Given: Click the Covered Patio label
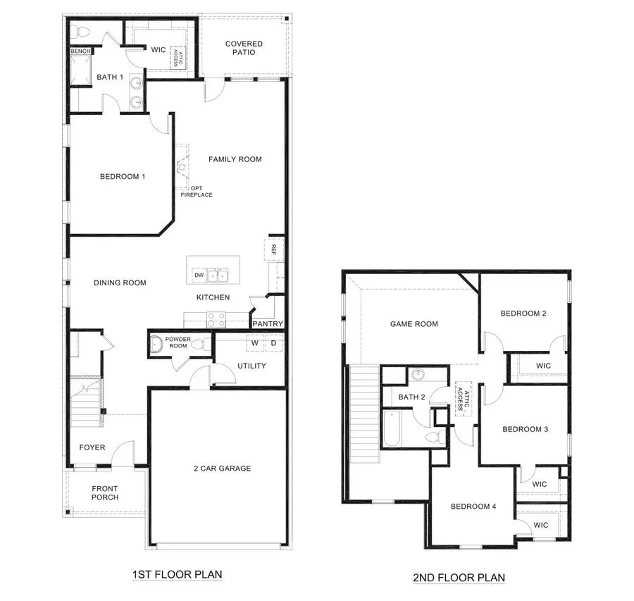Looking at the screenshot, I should pos(244,48).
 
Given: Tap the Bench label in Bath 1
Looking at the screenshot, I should pos(79,51).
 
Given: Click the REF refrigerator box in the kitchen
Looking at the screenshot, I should pos(272,250).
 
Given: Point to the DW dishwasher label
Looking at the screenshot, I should pos(199,275).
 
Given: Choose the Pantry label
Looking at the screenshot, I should pos(268,324).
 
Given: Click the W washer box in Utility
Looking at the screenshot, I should pos(254,343).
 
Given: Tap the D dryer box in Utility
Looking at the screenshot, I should pos(273,343).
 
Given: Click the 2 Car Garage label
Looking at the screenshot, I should pos(222,468).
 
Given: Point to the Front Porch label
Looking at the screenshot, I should pos(105,493).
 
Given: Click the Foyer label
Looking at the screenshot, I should pos(92,447).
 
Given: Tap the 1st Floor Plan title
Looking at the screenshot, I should pos(177,575).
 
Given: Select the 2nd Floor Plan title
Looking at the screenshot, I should pos(459,578).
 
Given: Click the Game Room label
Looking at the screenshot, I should pos(414,324).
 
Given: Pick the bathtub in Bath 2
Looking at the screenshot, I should pos(392,429).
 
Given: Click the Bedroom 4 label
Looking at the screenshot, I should pos(474,507).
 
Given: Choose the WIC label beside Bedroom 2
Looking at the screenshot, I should pos(543,366).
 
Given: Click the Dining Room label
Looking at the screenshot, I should pos(120,283).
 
